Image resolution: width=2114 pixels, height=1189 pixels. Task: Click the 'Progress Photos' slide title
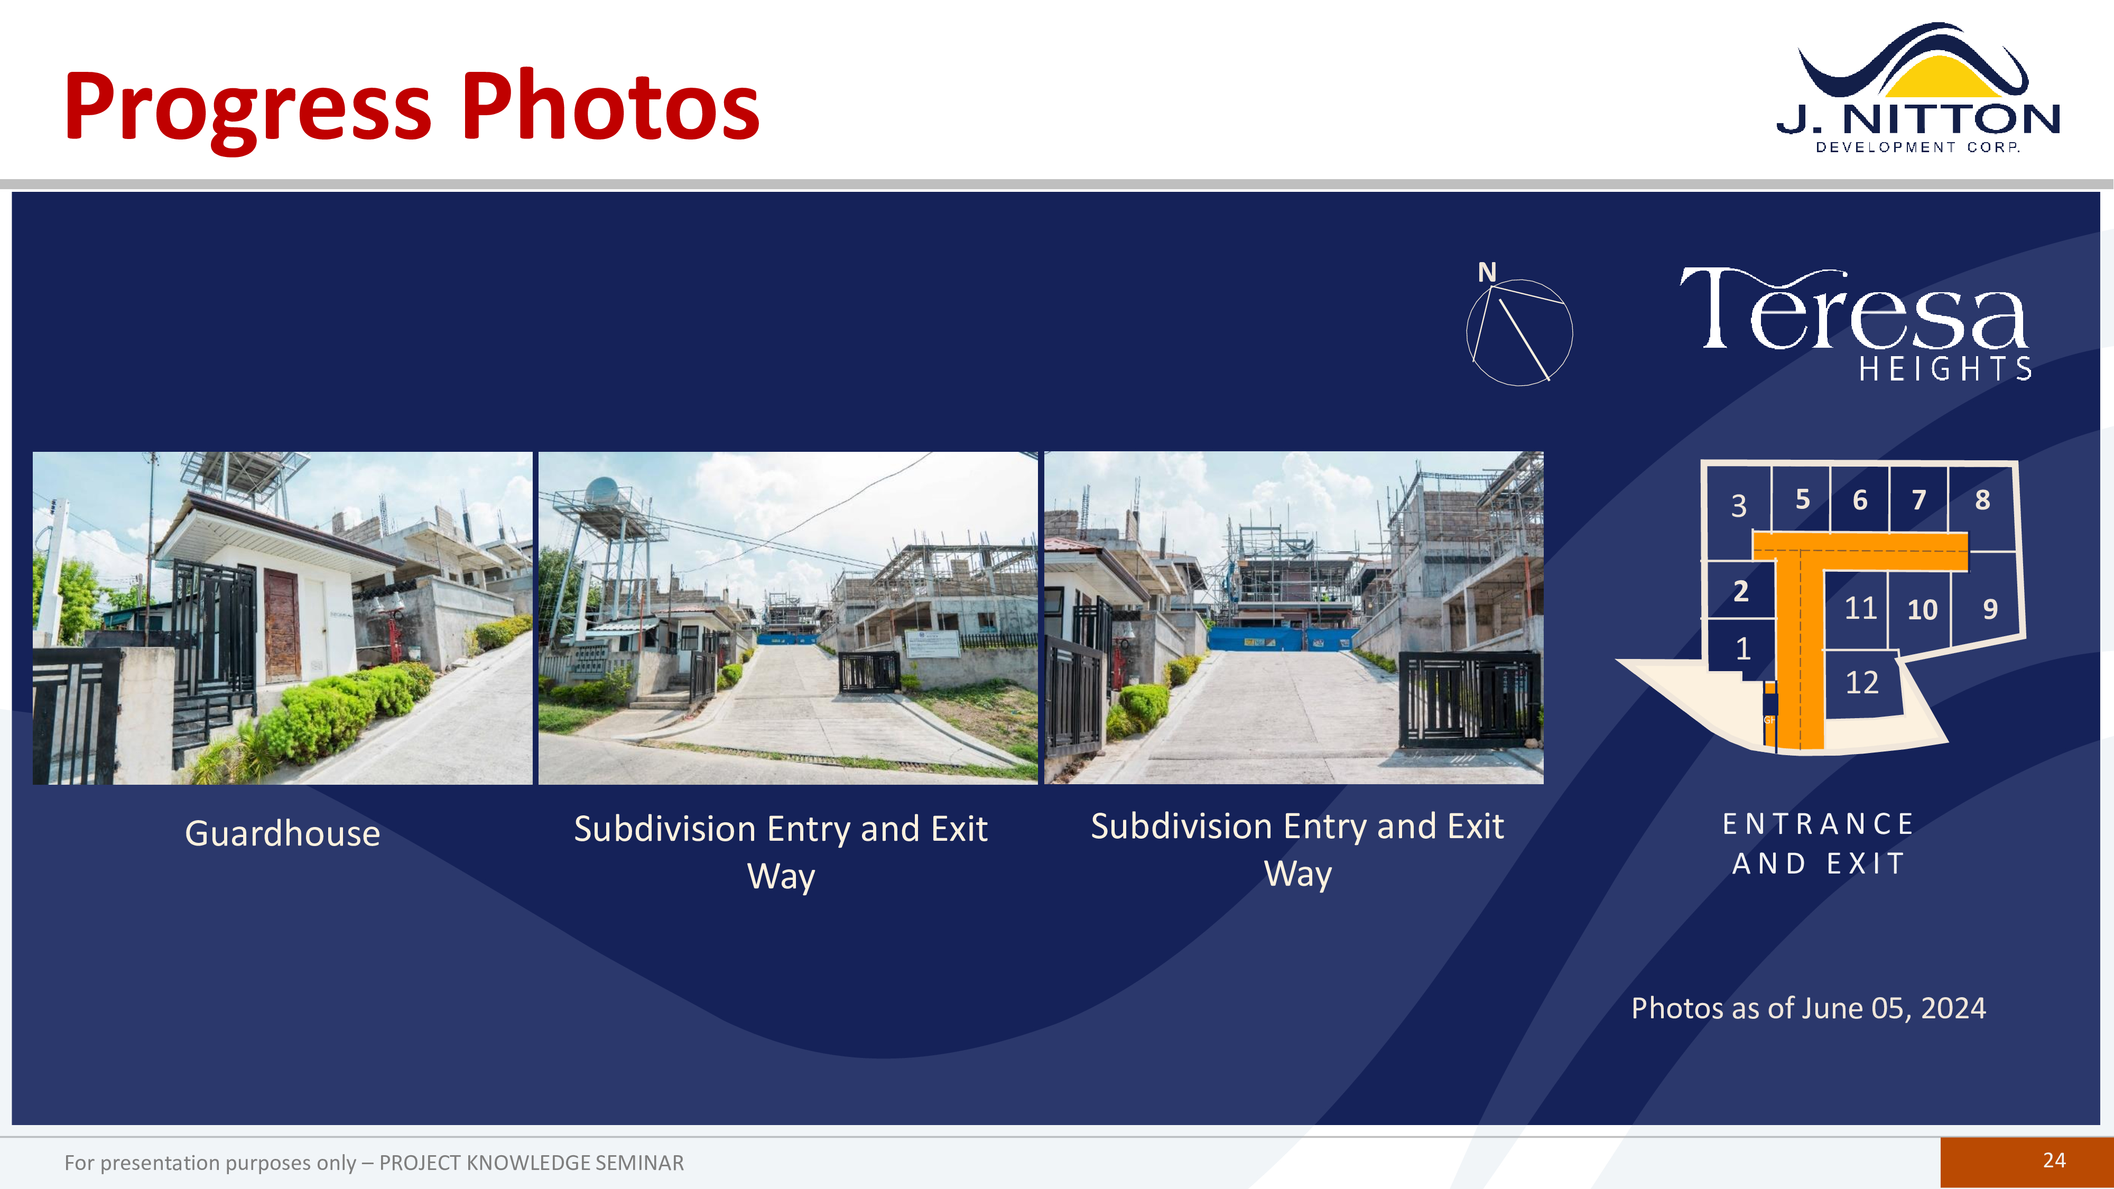click(x=412, y=107)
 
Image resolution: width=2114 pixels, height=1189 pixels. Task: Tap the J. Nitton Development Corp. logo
click(x=1918, y=89)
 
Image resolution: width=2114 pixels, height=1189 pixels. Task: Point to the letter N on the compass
click(x=1487, y=273)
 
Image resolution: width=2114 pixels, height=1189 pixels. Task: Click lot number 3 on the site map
click(x=1738, y=506)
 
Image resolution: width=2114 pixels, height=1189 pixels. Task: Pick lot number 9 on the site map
click(x=1990, y=609)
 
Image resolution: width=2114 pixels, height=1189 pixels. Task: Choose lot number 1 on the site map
click(x=1743, y=649)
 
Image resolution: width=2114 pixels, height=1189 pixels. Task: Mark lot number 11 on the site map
click(x=1860, y=608)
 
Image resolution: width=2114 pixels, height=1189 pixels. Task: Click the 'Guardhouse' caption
click(x=282, y=834)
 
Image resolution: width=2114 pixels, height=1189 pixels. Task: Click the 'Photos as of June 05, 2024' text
click(x=1809, y=1008)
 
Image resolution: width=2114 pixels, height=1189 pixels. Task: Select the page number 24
click(x=2054, y=1160)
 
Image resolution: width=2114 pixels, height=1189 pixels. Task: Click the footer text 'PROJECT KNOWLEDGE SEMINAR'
click(x=531, y=1163)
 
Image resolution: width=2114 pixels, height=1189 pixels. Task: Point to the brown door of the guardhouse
click(x=282, y=625)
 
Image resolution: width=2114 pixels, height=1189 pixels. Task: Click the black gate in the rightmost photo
click(x=1469, y=698)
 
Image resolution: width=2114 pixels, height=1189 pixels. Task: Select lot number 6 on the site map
click(x=1860, y=500)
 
